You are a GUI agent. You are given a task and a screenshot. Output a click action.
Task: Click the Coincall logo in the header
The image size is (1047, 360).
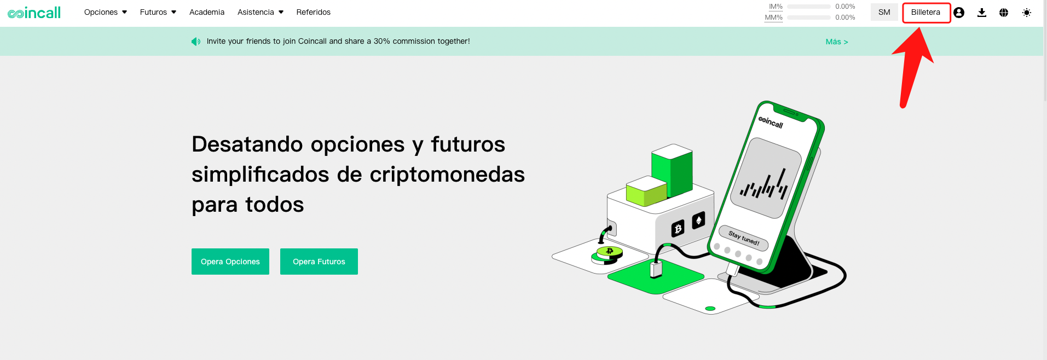34,13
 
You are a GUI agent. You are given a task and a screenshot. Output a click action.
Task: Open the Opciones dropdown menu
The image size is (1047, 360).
106,12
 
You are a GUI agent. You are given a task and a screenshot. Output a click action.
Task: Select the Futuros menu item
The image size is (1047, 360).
158,12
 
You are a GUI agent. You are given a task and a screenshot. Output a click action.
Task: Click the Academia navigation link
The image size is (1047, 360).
207,12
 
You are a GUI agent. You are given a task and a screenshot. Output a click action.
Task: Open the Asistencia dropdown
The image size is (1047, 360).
261,12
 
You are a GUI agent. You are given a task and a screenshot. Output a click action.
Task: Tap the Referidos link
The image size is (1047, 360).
314,12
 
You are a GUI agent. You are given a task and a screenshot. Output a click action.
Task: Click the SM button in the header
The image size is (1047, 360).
884,12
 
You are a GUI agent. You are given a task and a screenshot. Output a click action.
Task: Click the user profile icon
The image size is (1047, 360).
959,13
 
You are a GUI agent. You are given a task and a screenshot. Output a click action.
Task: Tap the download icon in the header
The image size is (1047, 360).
982,13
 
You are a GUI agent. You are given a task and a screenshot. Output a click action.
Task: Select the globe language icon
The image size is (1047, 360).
1004,13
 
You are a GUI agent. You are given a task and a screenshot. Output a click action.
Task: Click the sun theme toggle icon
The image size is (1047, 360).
1027,13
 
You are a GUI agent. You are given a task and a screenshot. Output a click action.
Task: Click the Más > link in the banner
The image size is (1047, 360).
837,42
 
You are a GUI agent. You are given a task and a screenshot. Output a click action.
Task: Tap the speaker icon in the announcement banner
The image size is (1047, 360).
195,42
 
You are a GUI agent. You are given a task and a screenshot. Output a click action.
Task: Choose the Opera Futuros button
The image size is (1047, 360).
319,262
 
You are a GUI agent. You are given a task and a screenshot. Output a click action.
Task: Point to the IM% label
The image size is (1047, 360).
776,7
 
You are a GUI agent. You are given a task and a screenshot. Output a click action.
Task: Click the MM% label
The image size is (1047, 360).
774,18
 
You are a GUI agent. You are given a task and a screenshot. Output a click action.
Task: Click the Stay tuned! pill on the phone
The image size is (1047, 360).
744,238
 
